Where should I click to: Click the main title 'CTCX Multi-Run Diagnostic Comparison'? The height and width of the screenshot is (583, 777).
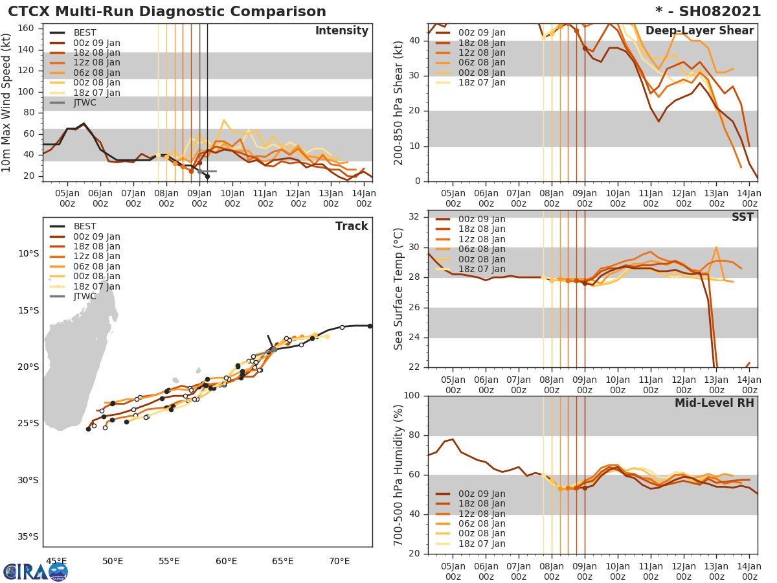tap(167, 12)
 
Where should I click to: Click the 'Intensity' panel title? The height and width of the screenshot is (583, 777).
tap(341, 31)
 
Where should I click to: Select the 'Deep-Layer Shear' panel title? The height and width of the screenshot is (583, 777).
tap(699, 31)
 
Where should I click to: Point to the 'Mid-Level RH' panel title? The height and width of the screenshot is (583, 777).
tap(714, 403)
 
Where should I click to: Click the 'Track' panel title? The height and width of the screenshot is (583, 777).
tap(352, 226)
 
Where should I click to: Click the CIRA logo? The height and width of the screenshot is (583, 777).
tap(36, 571)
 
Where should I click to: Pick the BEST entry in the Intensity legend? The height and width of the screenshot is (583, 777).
tap(84, 32)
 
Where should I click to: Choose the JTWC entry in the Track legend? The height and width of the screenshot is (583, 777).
tap(84, 297)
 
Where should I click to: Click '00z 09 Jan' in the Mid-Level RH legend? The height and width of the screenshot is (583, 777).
tap(482, 494)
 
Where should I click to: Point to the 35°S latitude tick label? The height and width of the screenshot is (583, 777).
tap(27, 536)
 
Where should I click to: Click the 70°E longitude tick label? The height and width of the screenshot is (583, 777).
tap(339, 561)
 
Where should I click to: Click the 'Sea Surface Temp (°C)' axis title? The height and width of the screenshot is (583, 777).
tap(399, 289)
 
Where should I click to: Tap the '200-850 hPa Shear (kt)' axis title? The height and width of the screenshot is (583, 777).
tap(399, 102)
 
